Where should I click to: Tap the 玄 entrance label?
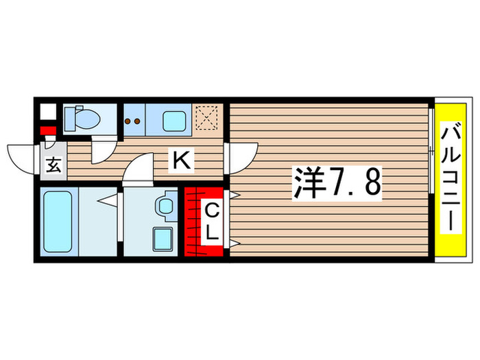(x=53, y=165)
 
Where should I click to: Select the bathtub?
(x=58, y=222)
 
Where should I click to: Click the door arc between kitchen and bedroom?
(x=243, y=154)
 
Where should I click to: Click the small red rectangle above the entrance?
(x=47, y=131)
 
